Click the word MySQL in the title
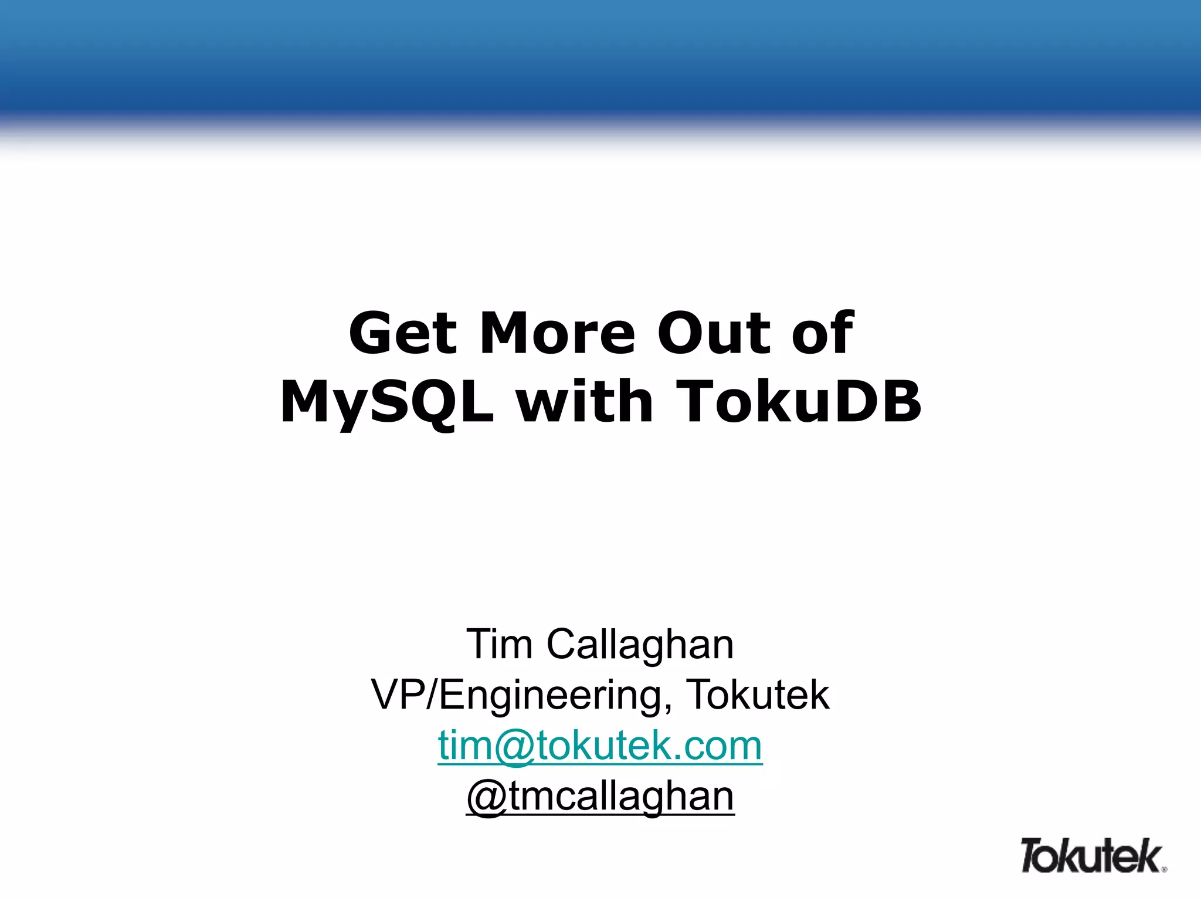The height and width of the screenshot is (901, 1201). [x=387, y=402]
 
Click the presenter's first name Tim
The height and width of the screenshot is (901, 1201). [x=499, y=644]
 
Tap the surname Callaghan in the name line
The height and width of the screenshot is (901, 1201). [x=640, y=644]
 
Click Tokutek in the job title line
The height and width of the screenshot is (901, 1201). [x=758, y=695]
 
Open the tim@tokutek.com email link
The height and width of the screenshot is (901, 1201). [x=600, y=746]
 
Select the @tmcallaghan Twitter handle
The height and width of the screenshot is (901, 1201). [x=600, y=797]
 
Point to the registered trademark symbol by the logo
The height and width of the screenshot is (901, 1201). [x=1164, y=869]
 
